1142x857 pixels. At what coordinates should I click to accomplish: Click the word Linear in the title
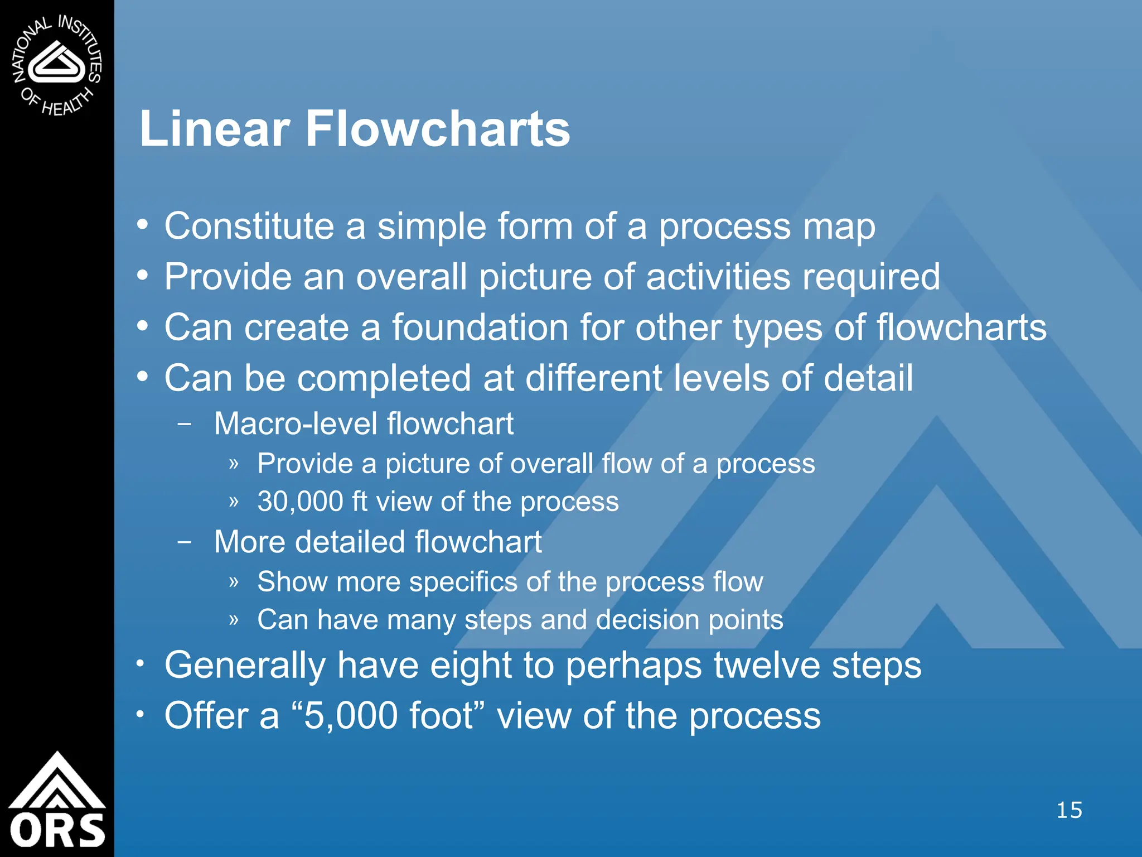[215, 129]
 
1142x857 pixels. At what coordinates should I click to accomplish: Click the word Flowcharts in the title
[438, 129]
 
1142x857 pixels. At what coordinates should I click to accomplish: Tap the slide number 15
[1069, 810]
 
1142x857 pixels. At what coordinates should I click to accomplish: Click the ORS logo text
[57, 830]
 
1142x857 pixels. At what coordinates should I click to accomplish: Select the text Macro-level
[296, 423]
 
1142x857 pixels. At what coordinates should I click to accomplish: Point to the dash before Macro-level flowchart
[185, 423]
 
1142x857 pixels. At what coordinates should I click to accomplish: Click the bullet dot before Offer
[142, 714]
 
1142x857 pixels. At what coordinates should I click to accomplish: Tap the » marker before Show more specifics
[234, 582]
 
